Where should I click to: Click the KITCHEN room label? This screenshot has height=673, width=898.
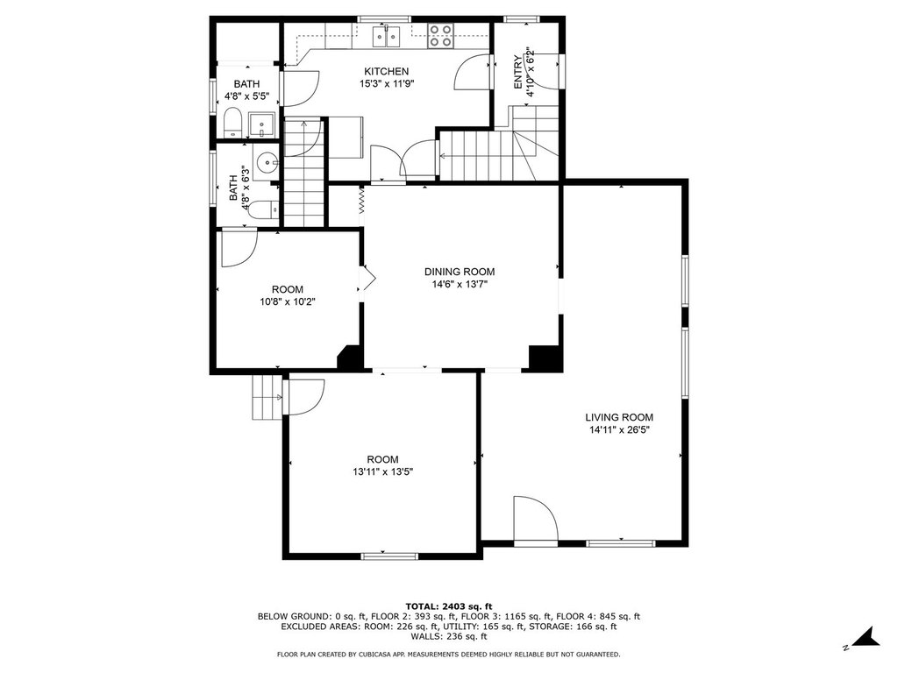387,72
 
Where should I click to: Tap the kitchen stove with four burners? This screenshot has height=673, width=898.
441,35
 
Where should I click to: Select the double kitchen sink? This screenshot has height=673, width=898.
387,36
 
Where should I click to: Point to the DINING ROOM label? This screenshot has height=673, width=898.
460,272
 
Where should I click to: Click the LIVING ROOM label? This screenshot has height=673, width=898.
619,418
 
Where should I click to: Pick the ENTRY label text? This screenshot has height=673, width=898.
517,72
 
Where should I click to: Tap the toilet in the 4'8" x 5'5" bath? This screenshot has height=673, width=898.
232,124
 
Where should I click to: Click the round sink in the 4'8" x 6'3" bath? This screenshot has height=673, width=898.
265,163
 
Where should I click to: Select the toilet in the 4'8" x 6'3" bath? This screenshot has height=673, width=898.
263,210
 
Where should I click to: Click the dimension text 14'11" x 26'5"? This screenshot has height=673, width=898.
619,430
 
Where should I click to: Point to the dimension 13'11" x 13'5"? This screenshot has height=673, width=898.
383,472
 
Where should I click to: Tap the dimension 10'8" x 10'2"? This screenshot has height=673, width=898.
288,301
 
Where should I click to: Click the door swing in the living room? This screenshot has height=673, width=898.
536,518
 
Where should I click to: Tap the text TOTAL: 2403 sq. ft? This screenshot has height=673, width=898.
449,606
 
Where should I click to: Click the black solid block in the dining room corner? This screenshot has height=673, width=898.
544,358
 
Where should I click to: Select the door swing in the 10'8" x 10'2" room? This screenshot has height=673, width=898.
239,248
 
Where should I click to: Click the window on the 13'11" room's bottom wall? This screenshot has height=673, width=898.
389,555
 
